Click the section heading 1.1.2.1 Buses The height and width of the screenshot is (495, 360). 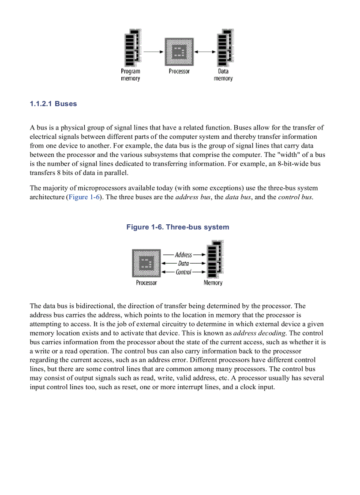(x=53, y=104)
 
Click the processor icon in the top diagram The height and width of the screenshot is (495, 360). (x=179, y=52)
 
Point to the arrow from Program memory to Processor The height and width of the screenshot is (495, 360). (x=153, y=52)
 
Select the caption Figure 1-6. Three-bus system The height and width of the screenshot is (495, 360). (x=178, y=227)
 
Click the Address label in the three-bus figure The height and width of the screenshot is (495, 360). (x=184, y=255)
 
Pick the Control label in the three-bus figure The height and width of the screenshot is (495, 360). (x=184, y=272)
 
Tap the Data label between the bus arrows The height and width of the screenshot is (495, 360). (x=184, y=263)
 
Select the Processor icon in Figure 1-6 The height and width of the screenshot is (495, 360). (x=146, y=263)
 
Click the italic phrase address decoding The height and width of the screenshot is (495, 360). (x=259, y=333)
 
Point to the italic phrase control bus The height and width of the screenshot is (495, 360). (x=295, y=197)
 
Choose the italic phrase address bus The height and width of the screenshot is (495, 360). (x=193, y=197)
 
